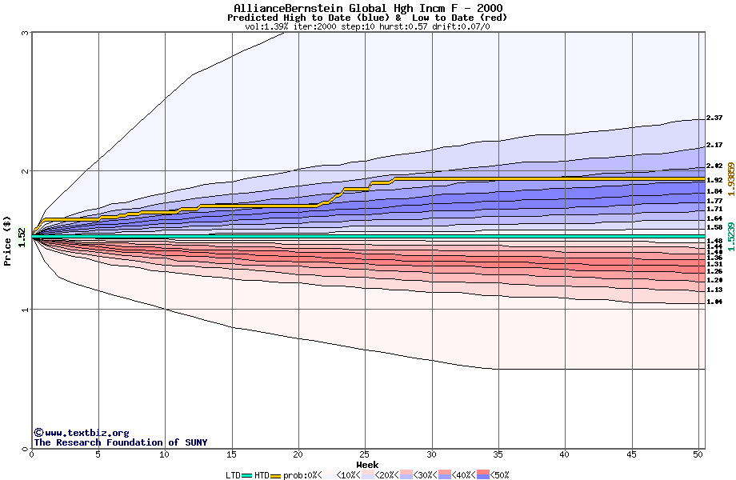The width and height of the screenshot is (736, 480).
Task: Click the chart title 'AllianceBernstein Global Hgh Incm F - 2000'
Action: [x=367, y=8]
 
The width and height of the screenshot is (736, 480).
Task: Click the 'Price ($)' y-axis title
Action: [x=7, y=241]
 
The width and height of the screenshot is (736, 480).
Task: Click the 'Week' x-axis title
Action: [x=367, y=465]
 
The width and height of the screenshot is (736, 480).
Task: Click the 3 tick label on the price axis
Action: [x=26, y=33]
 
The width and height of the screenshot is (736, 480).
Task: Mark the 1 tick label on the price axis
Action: [x=26, y=310]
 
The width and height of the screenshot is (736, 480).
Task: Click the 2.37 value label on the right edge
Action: [x=714, y=118]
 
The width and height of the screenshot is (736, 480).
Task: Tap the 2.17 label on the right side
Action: [x=714, y=146]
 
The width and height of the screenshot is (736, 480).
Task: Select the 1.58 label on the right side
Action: [x=714, y=227]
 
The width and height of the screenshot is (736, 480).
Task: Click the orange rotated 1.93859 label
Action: [x=730, y=178]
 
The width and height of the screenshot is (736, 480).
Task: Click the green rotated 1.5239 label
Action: [x=730, y=236]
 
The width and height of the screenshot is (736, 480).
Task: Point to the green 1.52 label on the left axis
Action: [x=22, y=237]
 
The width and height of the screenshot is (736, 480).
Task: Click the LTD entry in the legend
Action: [x=233, y=475]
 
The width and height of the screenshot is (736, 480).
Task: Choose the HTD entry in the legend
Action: [x=262, y=475]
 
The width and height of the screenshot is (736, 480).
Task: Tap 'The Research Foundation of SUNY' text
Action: [x=120, y=442]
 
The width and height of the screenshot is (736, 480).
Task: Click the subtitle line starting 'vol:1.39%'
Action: [x=367, y=26]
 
